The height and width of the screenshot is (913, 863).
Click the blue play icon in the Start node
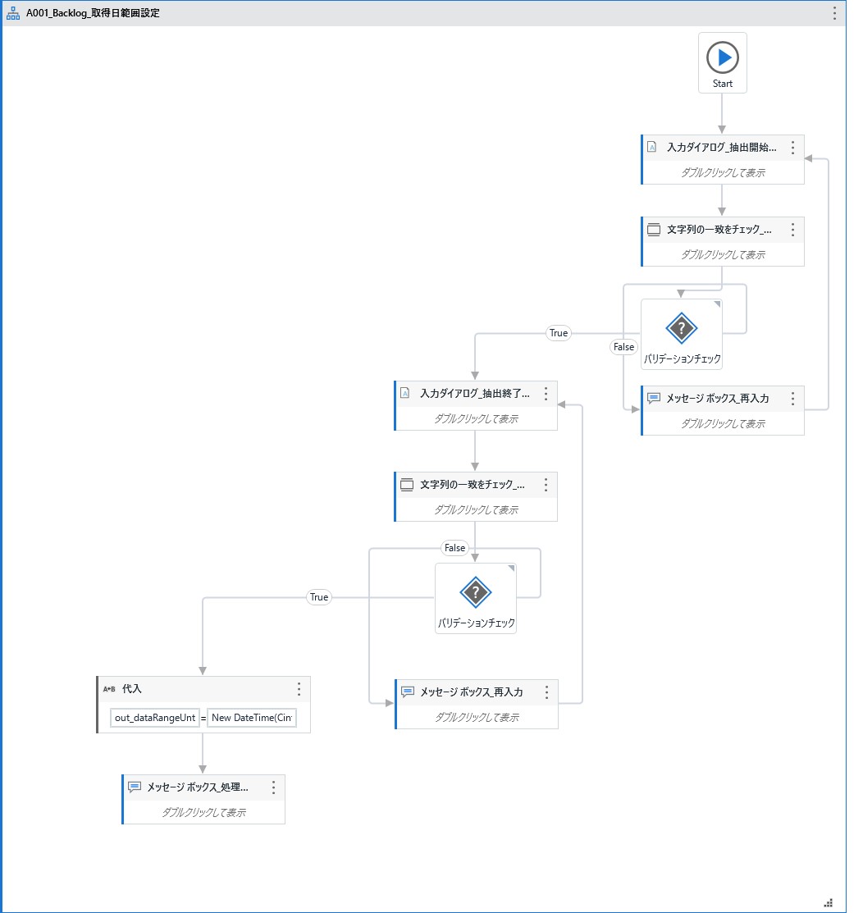pos(723,57)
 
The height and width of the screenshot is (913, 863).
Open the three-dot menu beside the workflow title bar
pos(835,13)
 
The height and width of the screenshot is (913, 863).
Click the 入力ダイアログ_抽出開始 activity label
pos(721,148)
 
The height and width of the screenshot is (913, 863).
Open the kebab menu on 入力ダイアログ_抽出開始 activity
pos(792,148)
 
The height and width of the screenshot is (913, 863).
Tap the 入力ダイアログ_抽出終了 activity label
pos(474,394)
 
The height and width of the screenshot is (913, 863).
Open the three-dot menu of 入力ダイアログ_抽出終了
pos(546,394)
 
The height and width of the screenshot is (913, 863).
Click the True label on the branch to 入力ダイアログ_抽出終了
pos(559,333)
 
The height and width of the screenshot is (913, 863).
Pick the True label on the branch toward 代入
pos(319,597)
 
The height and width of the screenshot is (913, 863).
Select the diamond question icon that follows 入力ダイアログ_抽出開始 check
pos(681,329)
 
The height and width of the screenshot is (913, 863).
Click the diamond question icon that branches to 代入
pos(475,591)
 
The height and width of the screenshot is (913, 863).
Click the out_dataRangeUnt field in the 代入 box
pos(155,719)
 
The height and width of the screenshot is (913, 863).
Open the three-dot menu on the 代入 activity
pos(299,689)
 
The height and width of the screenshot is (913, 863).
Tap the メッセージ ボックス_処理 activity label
pos(197,787)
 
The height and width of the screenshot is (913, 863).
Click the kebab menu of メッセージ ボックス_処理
pos(273,787)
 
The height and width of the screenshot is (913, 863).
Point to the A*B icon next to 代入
pos(109,689)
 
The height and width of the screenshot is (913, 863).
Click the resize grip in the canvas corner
pos(828,901)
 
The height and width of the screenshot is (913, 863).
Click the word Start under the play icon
pos(723,84)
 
